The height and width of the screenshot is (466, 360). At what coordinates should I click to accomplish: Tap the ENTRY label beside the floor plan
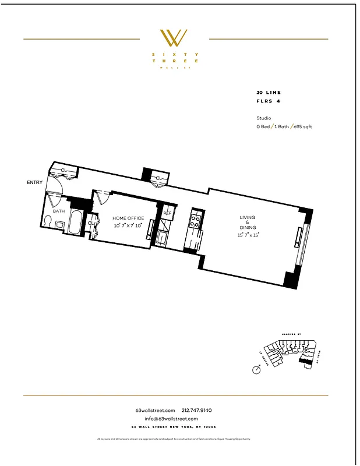pyautogui.click(x=35, y=183)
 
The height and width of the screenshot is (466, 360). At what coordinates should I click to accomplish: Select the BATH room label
pyautogui.click(x=59, y=211)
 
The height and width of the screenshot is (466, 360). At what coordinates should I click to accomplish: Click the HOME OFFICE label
pyautogui.click(x=128, y=218)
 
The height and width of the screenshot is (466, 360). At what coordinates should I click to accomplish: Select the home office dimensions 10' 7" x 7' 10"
pyautogui.click(x=128, y=225)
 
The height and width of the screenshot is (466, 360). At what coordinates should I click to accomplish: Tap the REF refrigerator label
pyautogui.click(x=167, y=213)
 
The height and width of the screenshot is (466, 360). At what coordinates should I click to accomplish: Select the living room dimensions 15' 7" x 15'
pyautogui.click(x=248, y=235)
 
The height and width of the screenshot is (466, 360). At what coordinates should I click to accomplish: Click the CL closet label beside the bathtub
pyautogui.click(x=91, y=223)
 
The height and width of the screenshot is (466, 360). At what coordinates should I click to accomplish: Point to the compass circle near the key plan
pyautogui.click(x=256, y=369)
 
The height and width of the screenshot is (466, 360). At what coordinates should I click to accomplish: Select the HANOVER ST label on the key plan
pyautogui.click(x=290, y=333)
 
